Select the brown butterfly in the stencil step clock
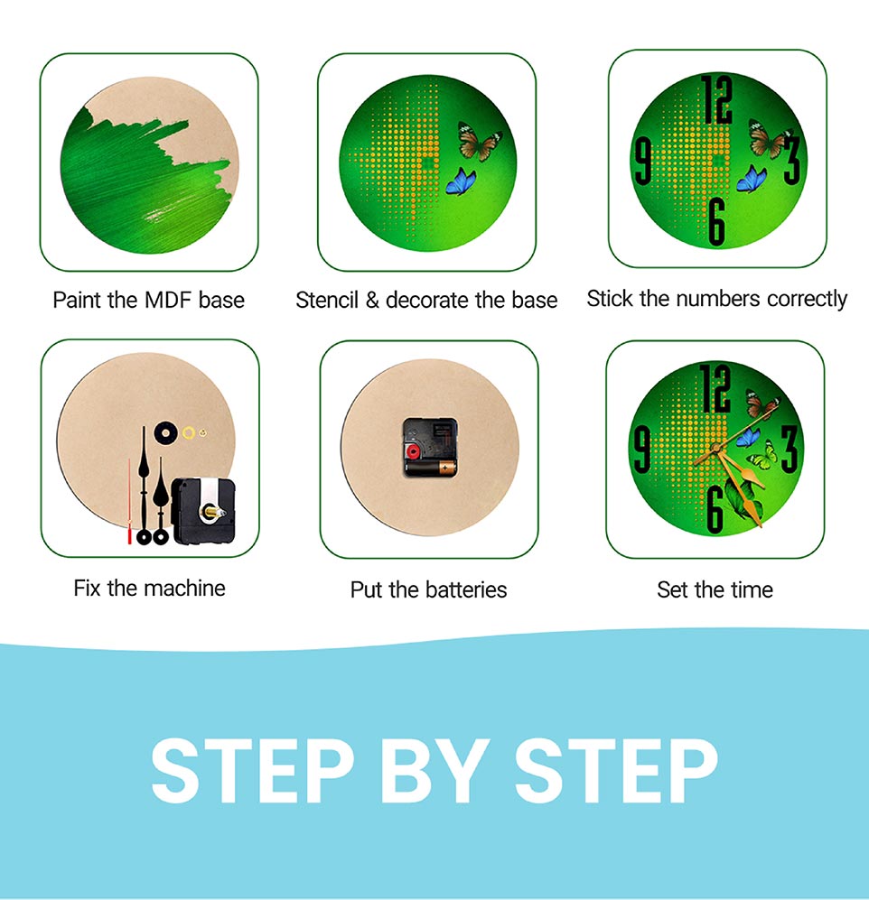[x=480, y=141]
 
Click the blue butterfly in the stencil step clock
[x=462, y=181]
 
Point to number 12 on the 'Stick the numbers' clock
[x=715, y=99]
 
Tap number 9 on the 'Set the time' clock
[x=641, y=451]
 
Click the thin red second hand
[x=129, y=501]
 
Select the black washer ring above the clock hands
[x=165, y=432]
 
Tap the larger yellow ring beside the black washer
[x=189, y=432]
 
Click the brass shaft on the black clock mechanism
[x=210, y=512]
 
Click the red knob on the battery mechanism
[x=413, y=451]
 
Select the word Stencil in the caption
[x=326, y=300]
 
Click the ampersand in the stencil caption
[x=372, y=301]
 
